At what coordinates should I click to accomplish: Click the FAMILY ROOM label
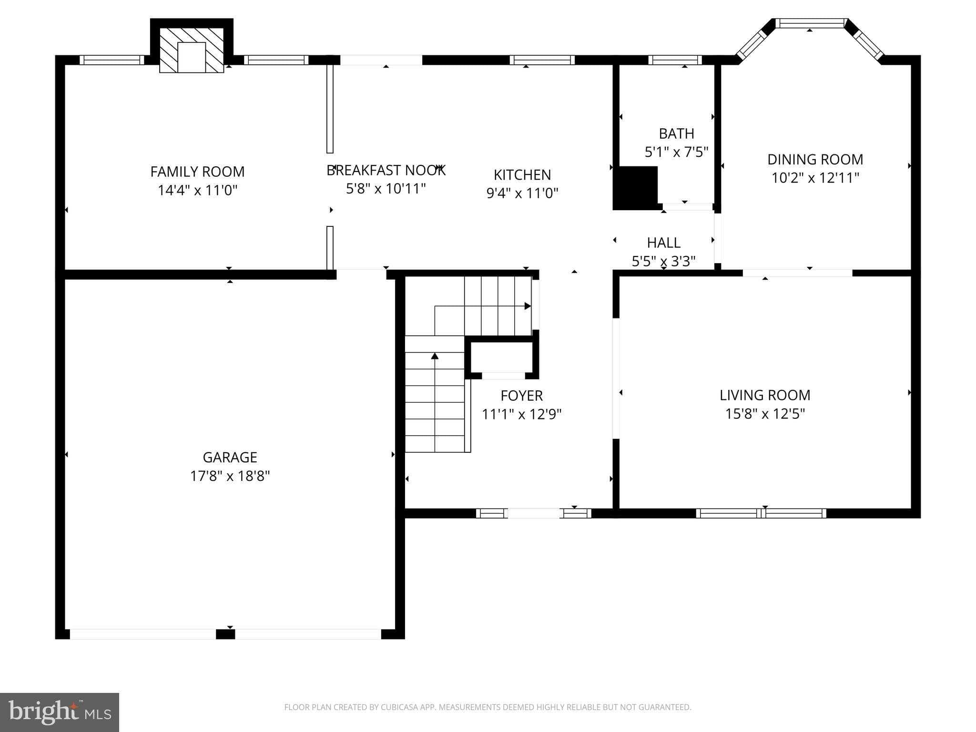click(197, 172)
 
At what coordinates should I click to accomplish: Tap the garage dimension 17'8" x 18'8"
click(230, 476)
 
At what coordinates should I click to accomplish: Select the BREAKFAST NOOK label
click(386, 170)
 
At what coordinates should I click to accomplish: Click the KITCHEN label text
click(522, 175)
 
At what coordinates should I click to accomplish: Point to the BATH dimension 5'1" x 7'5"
click(676, 152)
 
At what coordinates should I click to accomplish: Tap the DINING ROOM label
click(815, 159)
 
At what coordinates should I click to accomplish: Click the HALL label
click(663, 243)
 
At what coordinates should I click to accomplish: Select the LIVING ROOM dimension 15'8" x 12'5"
click(764, 414)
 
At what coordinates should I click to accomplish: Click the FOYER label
click(521, 396)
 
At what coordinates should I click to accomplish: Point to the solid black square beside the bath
click(635, 188)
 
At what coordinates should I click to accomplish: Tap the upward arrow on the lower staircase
click(435, 356)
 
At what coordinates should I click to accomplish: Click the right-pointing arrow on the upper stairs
click(528, 306)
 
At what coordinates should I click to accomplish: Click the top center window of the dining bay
click(810, 23)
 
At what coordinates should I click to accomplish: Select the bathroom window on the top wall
click(675, 60)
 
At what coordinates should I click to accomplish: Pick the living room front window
click(761, 513)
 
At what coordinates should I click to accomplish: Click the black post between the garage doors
click(225, 634)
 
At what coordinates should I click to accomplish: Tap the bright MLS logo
click(59, 712)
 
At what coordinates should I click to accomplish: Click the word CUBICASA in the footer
click(399, 707)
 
